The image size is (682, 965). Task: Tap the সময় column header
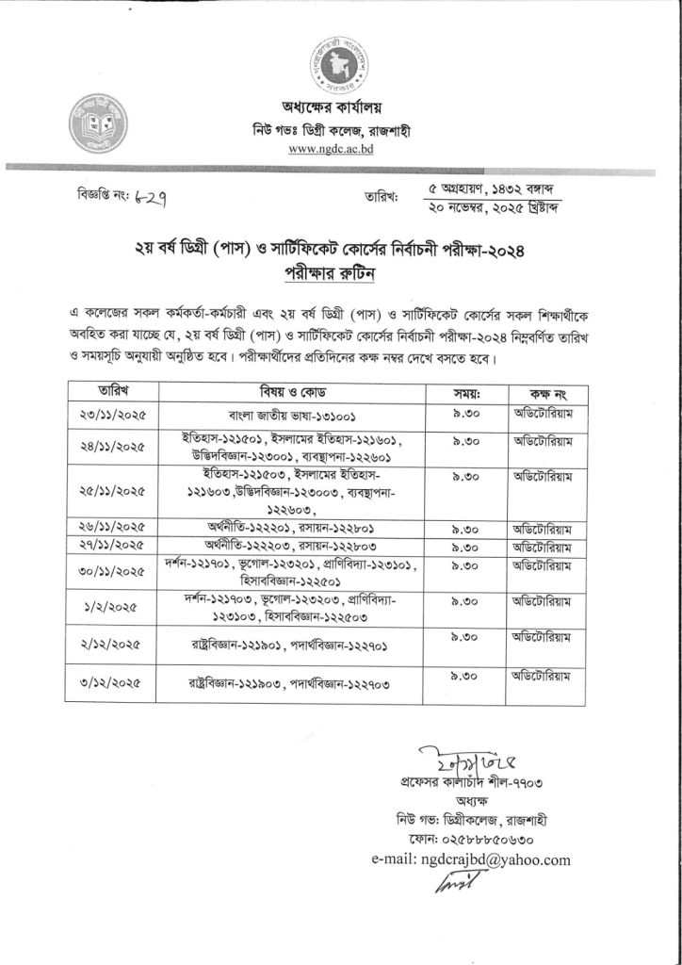click(x=468, y=390)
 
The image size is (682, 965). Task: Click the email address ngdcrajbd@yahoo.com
click(x=471, y=859)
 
